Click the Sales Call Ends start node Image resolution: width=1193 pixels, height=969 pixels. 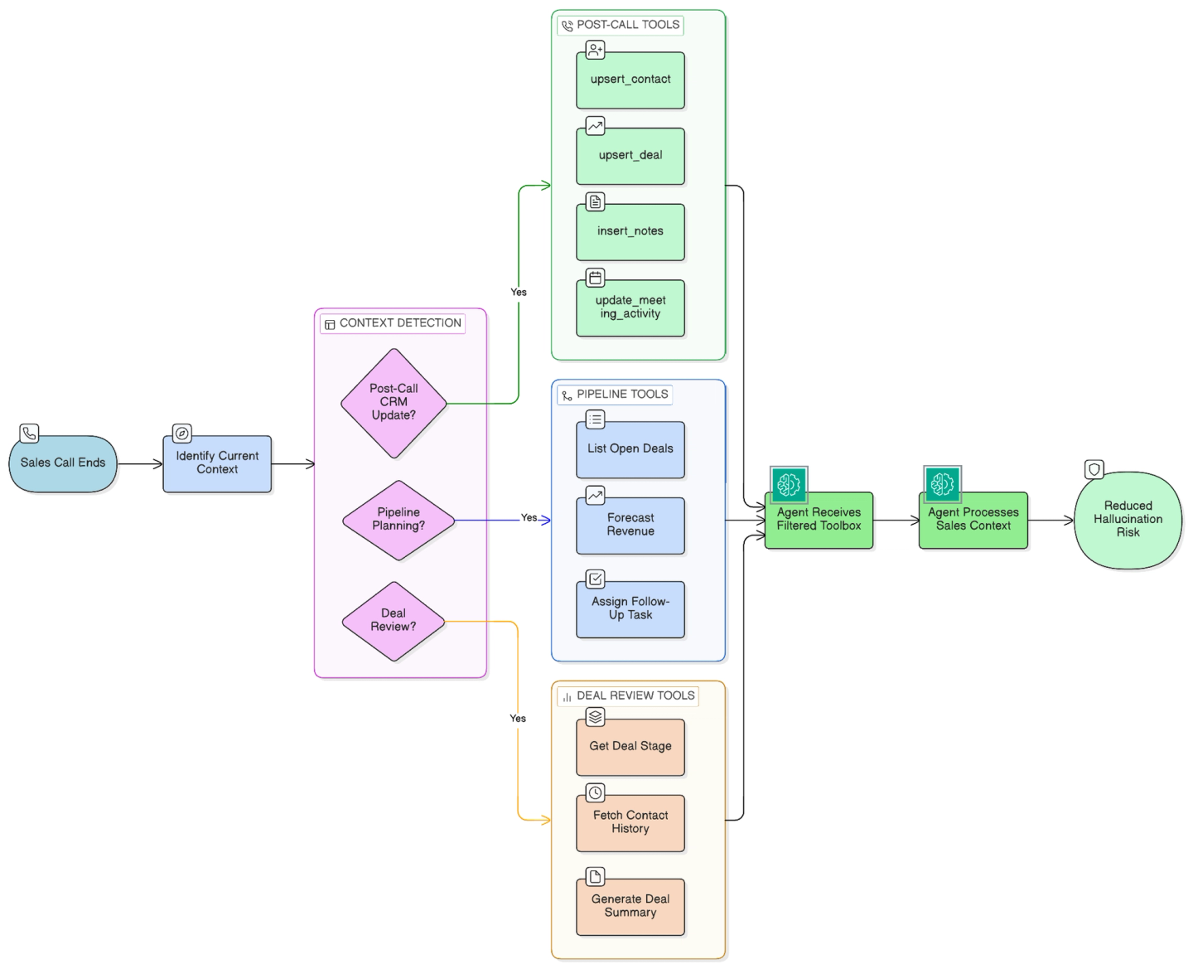coord(63,463)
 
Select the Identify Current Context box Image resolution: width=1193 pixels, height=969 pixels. coord(217,463)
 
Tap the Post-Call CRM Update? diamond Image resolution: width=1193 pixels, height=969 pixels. coord(394,403)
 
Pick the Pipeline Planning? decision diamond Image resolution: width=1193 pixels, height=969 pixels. coord(398,520)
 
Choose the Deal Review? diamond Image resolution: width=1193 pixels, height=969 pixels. coord(394,621)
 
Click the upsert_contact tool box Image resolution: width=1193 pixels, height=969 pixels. coord(630,80)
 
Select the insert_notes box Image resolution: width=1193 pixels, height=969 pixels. coord(630,232)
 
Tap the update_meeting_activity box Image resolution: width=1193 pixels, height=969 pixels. coord(630,308)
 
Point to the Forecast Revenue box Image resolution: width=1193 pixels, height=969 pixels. coord(630,526)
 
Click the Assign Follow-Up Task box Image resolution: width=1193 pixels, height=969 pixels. coord(630,609)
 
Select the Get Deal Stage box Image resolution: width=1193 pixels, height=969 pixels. coord(630,747)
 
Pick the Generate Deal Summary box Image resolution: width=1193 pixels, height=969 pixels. coord(630,907)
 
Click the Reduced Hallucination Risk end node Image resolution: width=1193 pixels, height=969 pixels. coord(1128,520)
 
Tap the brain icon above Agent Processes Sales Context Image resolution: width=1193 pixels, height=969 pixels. coord(943,483)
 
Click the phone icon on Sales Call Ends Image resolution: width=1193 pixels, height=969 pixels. coord(29,434)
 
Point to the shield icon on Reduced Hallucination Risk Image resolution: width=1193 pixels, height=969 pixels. coord(1094,469)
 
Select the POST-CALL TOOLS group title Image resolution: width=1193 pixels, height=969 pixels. coord(628,25)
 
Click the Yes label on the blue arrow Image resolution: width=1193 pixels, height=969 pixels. coord(529,517)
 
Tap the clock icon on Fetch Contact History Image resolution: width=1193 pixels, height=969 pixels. coord(596,792)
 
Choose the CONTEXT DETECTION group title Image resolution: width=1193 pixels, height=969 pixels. coord(400,322)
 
